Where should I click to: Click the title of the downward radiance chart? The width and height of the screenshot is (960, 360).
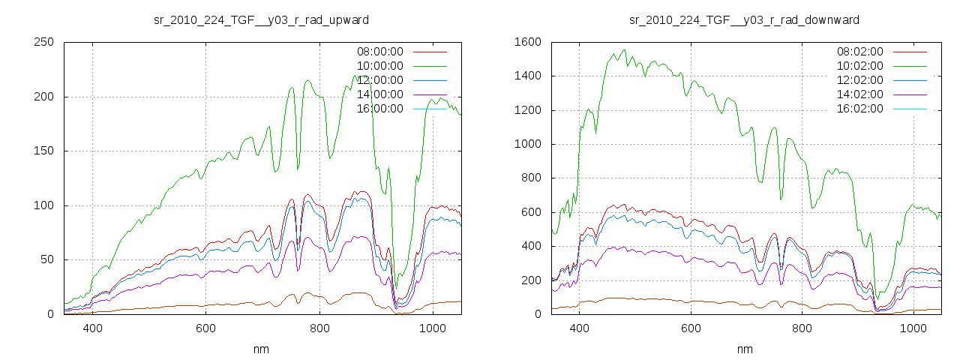point(744,19)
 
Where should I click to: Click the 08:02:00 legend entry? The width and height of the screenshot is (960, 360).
point(859,52)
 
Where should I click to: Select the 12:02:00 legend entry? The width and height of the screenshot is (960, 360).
point(859,80)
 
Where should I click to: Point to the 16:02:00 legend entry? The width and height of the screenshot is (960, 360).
point(859,109)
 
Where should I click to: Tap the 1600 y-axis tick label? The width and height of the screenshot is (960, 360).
point(529,42)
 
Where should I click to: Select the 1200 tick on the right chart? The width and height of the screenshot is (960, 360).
point(529,110)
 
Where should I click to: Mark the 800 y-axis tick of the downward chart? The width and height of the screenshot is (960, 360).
point(532,178)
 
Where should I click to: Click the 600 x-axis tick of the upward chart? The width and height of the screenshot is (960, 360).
point(205,328)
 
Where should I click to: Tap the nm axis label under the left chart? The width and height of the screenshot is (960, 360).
point(261,349)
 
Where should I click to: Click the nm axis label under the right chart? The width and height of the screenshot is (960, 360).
point(744,349)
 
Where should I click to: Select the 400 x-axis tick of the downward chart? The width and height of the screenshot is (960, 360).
point(578,328)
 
